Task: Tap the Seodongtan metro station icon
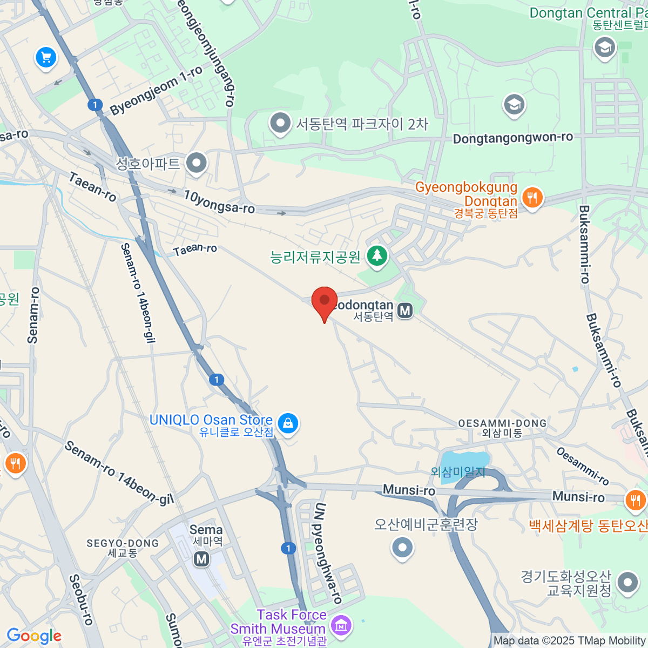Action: point(405,310)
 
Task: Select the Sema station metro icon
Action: point(202,559)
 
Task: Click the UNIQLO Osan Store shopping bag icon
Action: point(288,423)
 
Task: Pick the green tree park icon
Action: point(377,255)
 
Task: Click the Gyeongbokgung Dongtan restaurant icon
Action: point(532,198)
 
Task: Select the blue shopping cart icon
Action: point(46,57)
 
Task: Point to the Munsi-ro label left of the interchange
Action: point(409,490)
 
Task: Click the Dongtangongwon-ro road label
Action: point(512,138)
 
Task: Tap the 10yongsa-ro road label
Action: point(219,202)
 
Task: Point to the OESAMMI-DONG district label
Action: point(502,423)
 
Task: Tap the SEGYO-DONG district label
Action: point(123,543)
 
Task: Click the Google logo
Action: point(34,636)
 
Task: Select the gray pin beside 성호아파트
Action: point(196,163)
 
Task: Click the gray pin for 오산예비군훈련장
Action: point(402,548)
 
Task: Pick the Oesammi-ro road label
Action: point(583,466)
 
